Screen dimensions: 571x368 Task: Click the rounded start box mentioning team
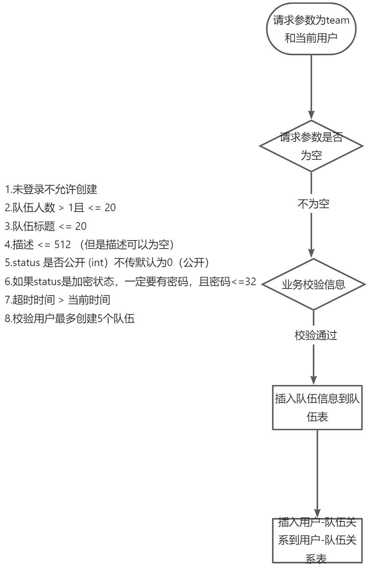click(311, 29)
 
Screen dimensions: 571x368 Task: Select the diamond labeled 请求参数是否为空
click(311, 146)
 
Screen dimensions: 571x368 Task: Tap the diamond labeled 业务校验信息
click(314, 284)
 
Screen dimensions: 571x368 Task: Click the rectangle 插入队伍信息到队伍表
click(317, 407)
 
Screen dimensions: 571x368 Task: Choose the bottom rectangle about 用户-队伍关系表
click(317, 540)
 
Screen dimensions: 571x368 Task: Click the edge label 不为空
click(313, 204)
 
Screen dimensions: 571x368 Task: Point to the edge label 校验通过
click(315, 335)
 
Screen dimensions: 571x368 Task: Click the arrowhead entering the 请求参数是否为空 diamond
click(311, 115)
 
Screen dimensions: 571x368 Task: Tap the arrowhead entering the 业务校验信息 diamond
click(311, 253)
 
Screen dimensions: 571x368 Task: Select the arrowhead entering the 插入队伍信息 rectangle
click(314, 380)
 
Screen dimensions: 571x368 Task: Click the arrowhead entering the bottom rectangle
click(317, 513)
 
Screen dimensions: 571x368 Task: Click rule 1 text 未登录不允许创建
click(51, 189)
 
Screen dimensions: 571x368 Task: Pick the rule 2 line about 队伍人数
click(60, 208)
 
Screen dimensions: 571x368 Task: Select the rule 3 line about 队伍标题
click(46, 226)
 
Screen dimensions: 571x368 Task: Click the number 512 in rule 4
click(62, 245)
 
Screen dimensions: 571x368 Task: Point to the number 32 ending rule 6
click(250, 282)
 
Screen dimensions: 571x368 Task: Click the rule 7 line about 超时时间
click(58, 300)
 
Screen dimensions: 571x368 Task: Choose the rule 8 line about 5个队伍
click(70, 319)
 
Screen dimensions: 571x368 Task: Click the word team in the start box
click(338, 20)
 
